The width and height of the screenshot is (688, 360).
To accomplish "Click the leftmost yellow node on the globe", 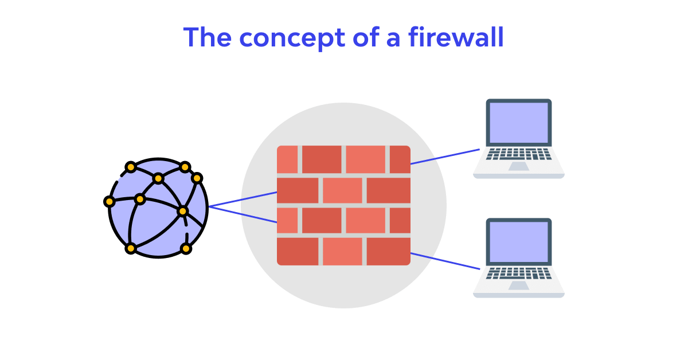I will (x=109, y=202).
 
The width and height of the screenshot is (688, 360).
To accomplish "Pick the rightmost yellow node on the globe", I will (x=197, y=178).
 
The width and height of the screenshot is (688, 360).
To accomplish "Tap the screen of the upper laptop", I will (x=518, y=123).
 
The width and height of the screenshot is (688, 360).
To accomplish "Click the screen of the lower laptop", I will (x=518, y=242).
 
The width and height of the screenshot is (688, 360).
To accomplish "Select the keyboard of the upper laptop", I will (x=518, y=154).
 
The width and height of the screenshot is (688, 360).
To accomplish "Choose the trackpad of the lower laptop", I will (x=518, y=285).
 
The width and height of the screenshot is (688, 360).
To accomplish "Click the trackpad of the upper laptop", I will (x=518, y=166).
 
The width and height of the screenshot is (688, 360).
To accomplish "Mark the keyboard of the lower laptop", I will (x=518, y=273).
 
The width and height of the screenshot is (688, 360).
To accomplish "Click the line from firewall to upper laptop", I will (x=445, y=156).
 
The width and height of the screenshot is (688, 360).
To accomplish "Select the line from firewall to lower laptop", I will (x=445, y=261).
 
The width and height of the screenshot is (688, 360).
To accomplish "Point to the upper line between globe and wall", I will (x=243, y=199).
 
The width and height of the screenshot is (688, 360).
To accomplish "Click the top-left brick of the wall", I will (x=287, y=159).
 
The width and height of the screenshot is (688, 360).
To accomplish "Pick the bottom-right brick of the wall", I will (x=388, y=251).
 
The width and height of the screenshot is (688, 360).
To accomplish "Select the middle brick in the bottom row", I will (x=342, y=251).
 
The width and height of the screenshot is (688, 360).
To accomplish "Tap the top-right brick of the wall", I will (x=400, y=159).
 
